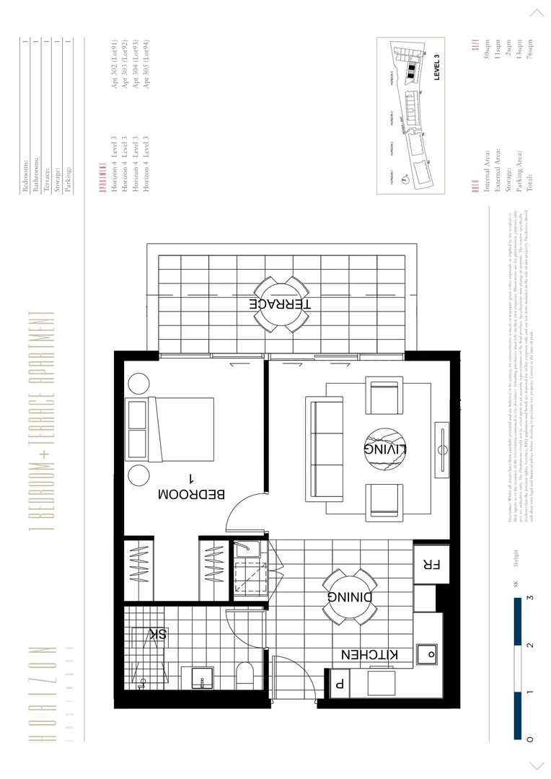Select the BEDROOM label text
(191, 495)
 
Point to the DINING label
(350, 597)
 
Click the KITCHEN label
(369, 655)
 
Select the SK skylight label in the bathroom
(158, 634)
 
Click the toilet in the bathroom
(247, 675)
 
